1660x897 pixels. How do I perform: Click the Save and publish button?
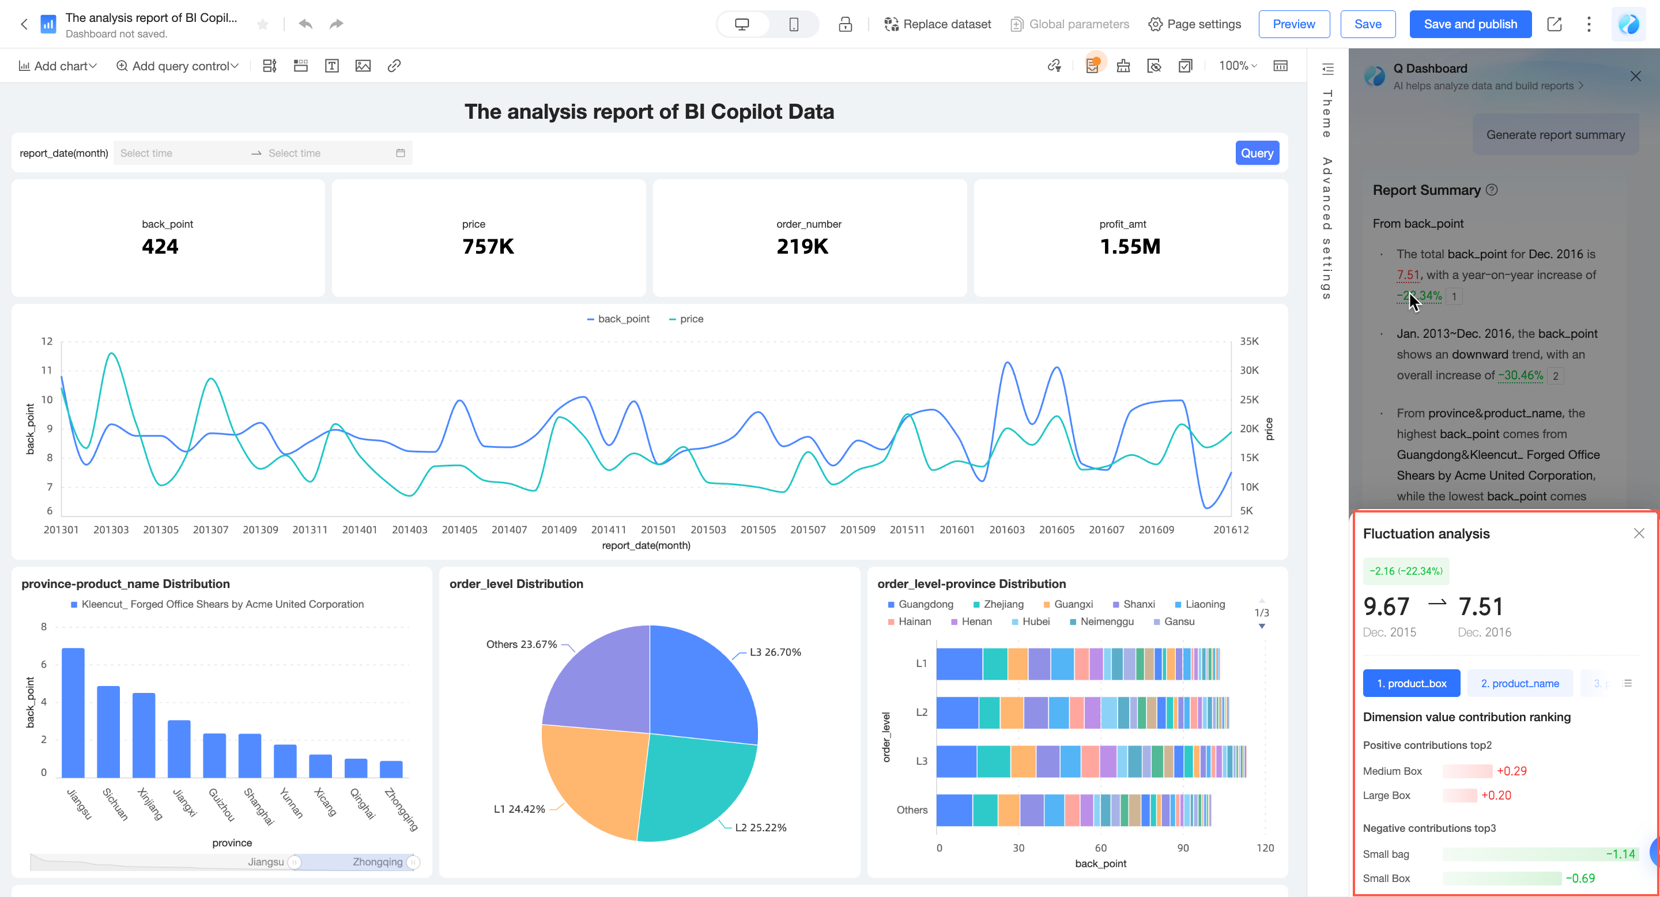click(1470, 24)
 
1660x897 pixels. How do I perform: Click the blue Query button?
click(1257, 153)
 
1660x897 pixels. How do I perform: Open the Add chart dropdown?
click(58, 66)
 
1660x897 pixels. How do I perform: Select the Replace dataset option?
click(938, 24)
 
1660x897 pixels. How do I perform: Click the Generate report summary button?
click(1555, 135)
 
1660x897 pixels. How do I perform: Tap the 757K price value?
click(488, 246)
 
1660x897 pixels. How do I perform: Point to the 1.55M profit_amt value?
click(1130, 246)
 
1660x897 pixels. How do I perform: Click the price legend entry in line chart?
click(687, 319)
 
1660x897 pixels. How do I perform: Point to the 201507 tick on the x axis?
click(808, 530)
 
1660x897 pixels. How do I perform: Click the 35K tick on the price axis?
click(1249, 341)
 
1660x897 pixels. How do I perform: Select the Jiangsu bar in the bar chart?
click(73, 712)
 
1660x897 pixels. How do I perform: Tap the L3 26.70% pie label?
click(775, 652)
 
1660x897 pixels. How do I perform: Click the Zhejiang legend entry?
click(998, 605)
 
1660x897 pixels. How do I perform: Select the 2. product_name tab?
click(1519, 684)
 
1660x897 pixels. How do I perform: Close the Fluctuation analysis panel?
click(1639, 534)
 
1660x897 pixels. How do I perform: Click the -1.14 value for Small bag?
click(1620, 854)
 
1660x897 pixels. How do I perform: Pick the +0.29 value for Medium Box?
click(1511, 771)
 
